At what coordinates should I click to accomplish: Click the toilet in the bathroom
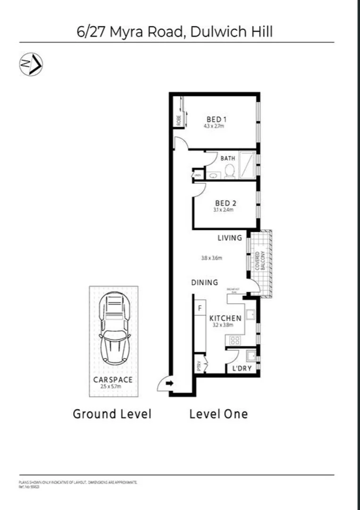[230, 171]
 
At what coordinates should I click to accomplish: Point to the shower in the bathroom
[247, 165]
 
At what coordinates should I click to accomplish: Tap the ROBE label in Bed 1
[179, 120]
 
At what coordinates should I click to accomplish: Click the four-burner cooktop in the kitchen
[234, 340]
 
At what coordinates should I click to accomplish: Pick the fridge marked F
[200, 308]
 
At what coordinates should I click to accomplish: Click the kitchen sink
[251, 314]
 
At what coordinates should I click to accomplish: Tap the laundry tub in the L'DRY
[251, 355]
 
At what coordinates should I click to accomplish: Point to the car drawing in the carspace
[115, 328]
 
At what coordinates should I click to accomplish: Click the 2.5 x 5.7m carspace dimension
[111, 386]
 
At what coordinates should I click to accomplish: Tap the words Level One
[218, 414]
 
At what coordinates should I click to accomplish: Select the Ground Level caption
[112, 414]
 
